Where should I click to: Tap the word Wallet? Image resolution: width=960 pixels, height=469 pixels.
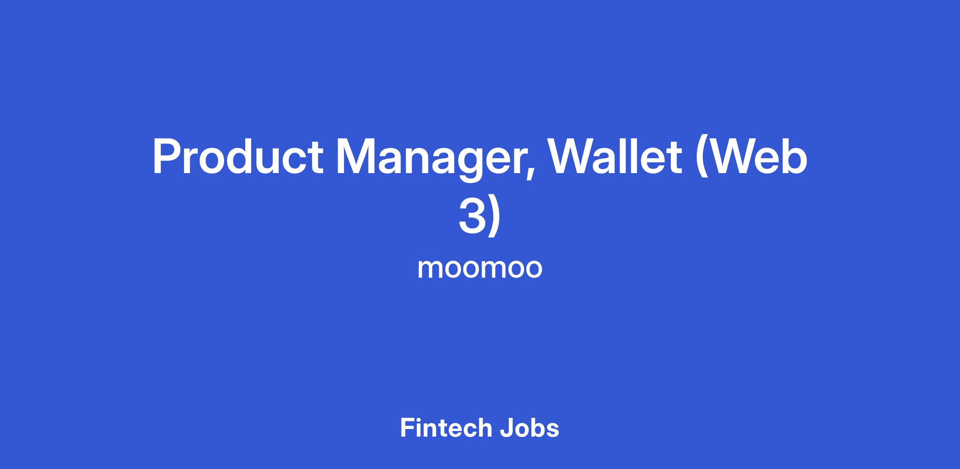point(615,156)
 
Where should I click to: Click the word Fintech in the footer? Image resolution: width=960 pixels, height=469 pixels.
point(446,428)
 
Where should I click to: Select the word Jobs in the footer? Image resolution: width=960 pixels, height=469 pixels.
point(529,428)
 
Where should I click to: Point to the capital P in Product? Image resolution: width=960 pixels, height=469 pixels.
point(167,157)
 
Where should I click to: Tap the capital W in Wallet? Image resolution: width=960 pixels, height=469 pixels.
point(572,157)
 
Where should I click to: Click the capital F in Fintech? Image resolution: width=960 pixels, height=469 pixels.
point(407,428)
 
